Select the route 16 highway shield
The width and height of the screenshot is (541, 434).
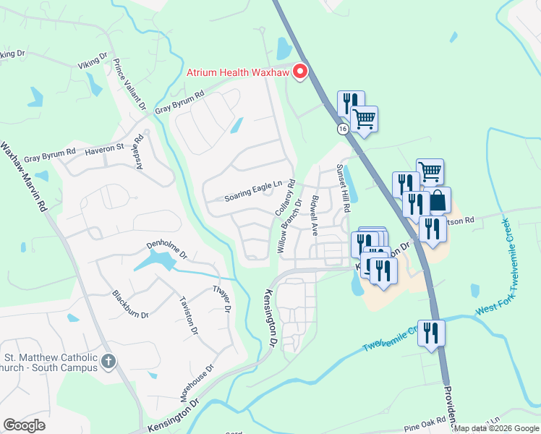pyautogui.click(x=343, y=128)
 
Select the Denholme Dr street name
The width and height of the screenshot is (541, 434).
pyautogui.click(x=167, y=250)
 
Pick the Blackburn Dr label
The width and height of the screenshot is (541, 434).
pyautogui.click(x=130, y=305)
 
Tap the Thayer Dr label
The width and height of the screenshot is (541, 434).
pyautogui.click(x=221, y=299)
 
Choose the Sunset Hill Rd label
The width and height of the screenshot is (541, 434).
pyautogui.click(x=343, y=187)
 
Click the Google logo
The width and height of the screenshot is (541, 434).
pyautogui.click(x=24, y=425)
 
